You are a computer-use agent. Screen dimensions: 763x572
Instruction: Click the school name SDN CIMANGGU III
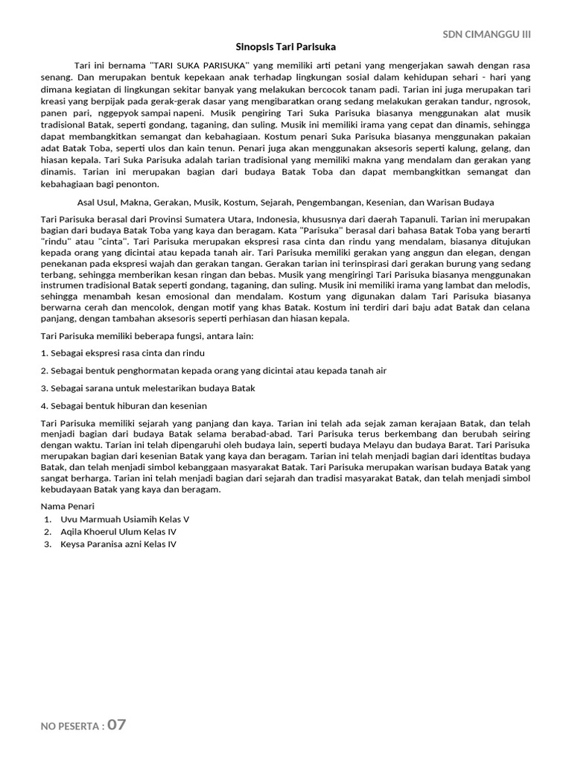click(486, 34)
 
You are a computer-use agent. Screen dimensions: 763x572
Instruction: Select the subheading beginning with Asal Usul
click(286, 202)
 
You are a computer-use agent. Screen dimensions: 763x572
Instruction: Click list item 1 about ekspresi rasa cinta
click(123, 352)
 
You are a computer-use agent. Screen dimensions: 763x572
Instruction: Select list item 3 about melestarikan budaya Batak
click(148, 388)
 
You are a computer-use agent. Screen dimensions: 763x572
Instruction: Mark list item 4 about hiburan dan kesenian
click(124, 406)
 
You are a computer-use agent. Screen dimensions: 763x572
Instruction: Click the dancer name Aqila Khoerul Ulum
click(108, 532)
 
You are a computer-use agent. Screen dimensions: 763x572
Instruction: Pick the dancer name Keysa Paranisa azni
click(107, 544)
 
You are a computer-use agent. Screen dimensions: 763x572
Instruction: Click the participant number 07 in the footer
click(117, 725)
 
